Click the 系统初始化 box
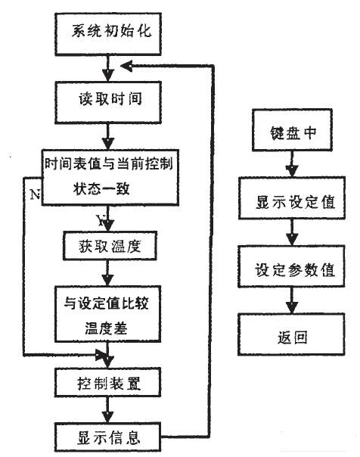[109, 33]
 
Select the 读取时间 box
[109, 99]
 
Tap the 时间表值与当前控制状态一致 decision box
[110, 177]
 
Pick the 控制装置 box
[109, 382]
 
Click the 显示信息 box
[109, 437]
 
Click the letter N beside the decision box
[34, 194]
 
